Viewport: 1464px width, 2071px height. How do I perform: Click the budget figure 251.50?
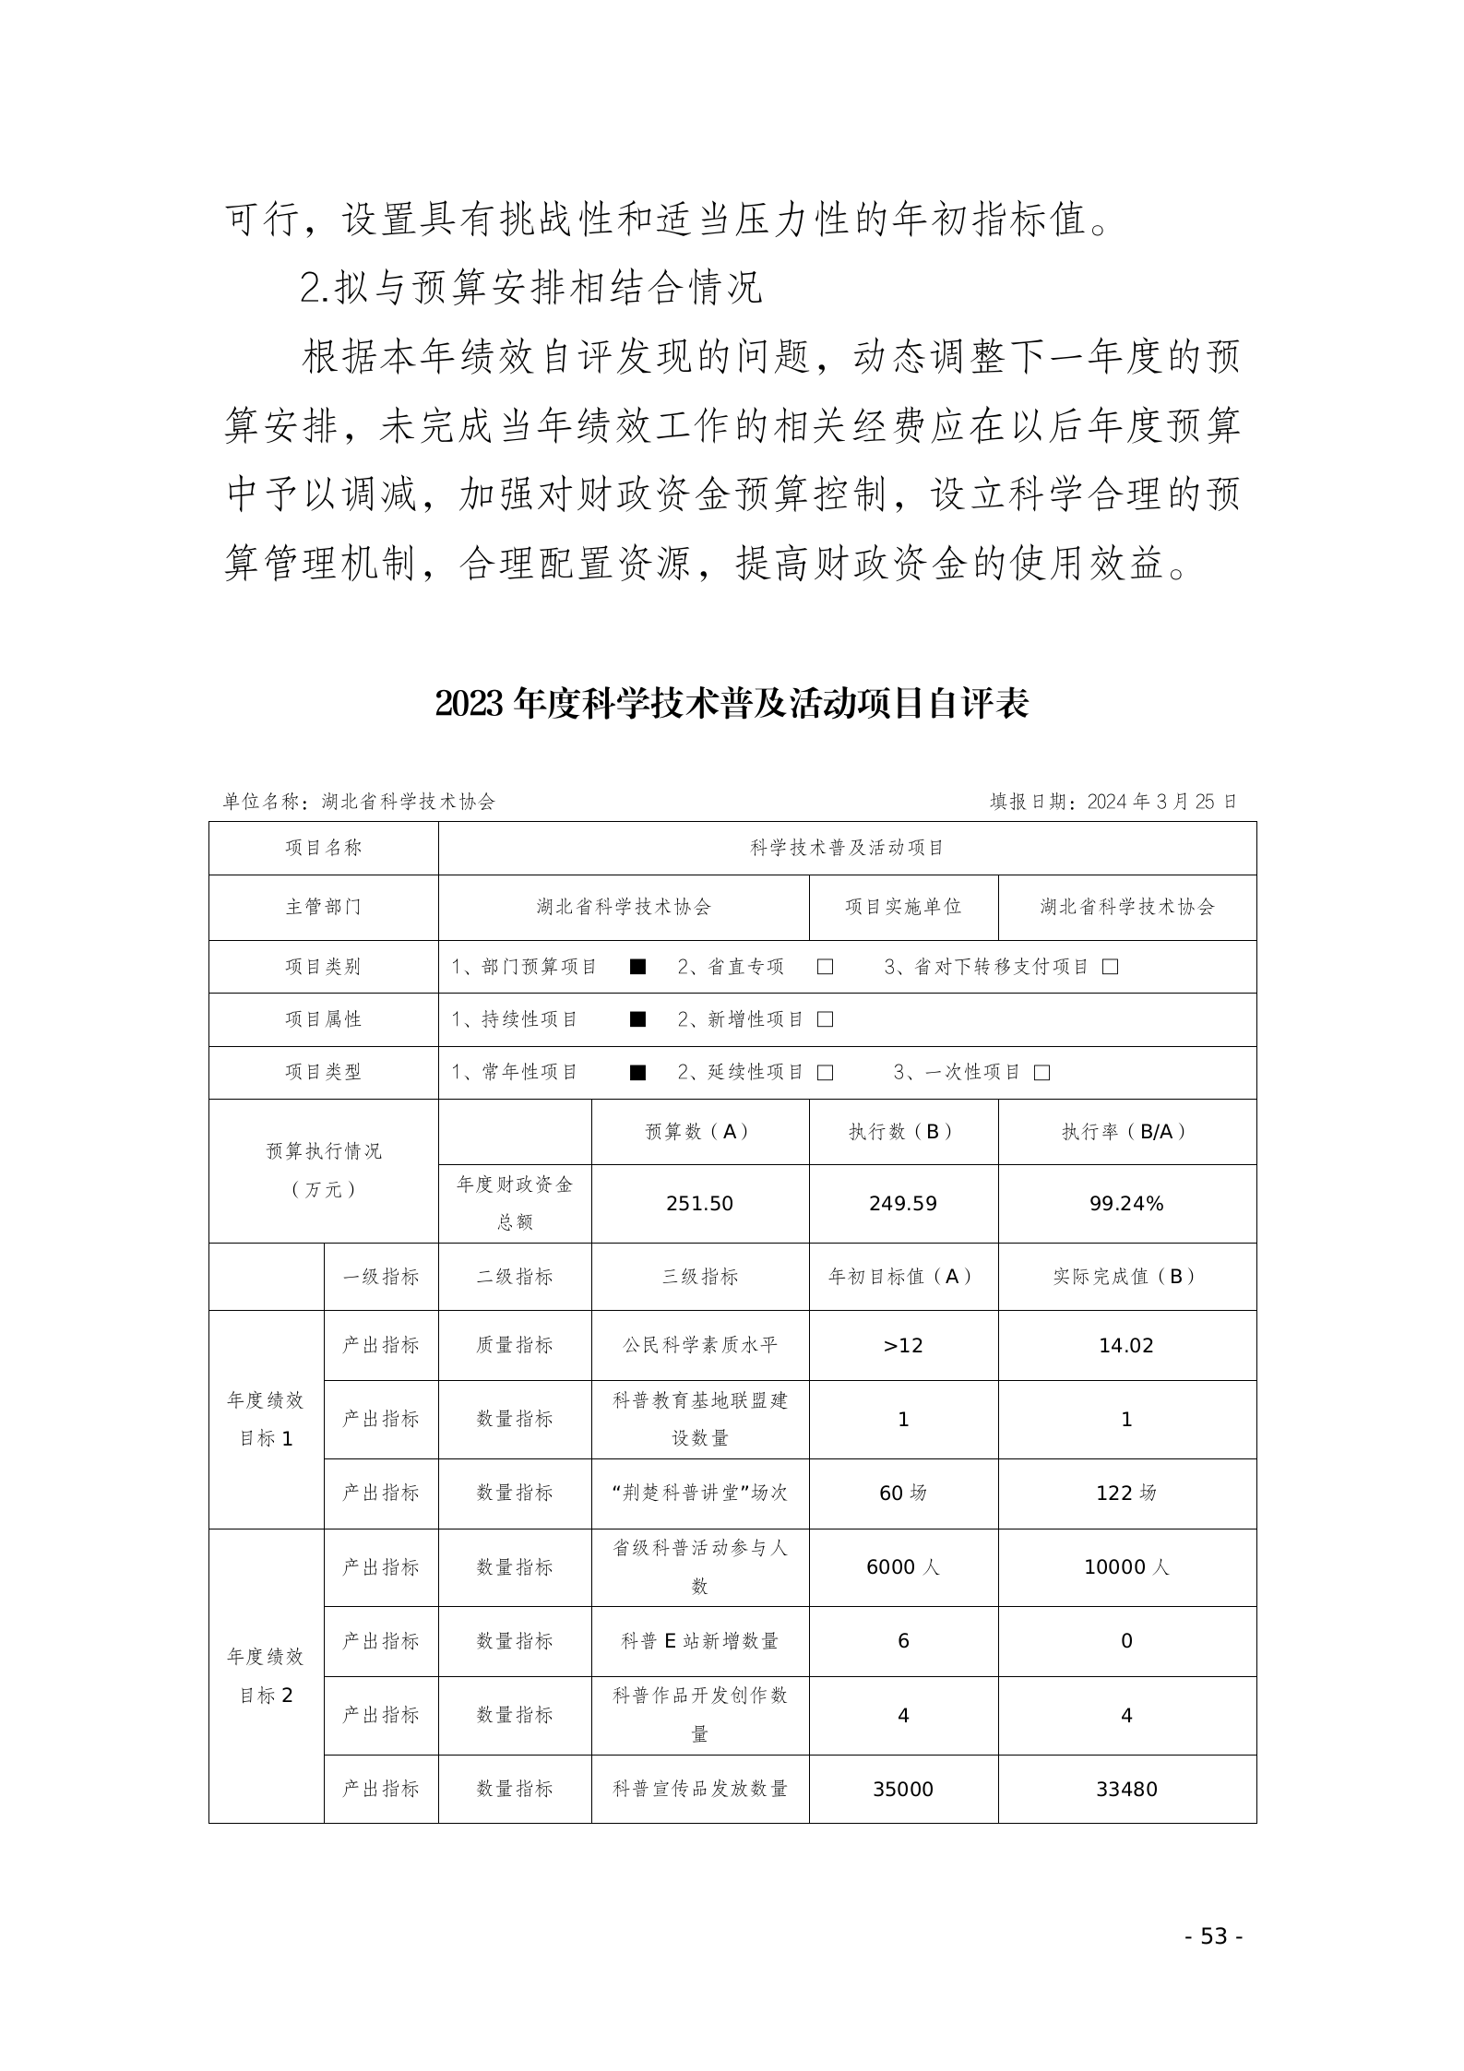click(699, 1203)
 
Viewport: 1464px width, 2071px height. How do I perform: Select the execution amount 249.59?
click(902, 1203)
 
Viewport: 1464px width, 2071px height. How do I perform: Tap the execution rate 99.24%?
click(1126, 1203)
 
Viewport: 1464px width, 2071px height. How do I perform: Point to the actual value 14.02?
click(1126, 1345)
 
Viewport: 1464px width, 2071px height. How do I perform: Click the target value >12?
click(902, 1345)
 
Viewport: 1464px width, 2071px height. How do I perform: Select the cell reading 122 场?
click(1126, 1493)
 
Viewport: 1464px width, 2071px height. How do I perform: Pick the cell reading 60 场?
click(902, 1493)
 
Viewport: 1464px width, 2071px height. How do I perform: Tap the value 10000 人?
click(1126, 1567)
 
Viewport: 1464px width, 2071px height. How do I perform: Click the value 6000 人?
click(902, 1567)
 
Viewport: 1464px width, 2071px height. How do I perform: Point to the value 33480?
click(1126, 1789)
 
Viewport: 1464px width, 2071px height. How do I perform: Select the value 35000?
click(902, 1789)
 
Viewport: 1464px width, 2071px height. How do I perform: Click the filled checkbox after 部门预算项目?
click(637, 967)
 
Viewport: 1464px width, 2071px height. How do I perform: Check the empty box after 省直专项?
click(825, 967)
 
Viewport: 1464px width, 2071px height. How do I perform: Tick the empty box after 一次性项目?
click(1042, 1073)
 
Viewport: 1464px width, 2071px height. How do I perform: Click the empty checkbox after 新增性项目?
click(825, 1019)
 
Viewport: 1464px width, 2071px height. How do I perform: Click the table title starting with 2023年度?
click(732, 705)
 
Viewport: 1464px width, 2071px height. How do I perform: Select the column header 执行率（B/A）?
click(1126, 1132)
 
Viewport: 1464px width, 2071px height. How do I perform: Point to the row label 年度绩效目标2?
click(266, 1675)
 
